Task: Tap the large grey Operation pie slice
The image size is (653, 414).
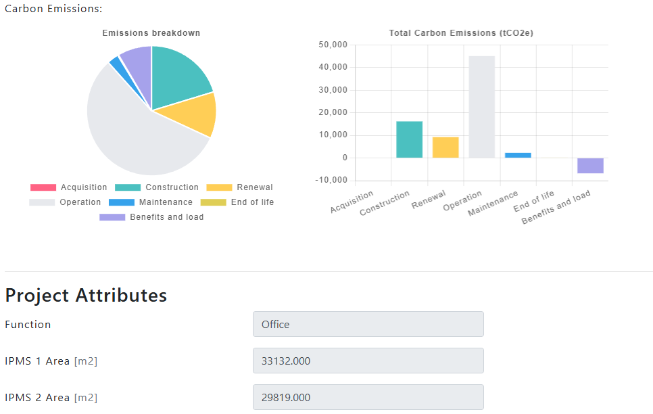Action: click(x=132, y=135)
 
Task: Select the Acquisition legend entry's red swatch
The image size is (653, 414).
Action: click(x=43, y=187)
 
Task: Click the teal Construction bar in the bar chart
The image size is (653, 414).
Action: click(x=409, y=139)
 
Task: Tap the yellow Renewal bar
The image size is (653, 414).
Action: click(x=445, y=147)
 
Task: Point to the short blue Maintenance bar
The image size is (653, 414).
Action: click(x=518, y=156)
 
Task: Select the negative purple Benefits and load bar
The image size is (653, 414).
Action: click(x=590, y=166)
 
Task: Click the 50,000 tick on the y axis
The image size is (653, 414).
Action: click(x=332, y=45)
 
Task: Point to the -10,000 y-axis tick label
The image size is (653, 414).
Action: click(x=332, y=181)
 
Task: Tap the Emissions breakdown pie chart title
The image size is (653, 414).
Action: click(x=151, y=33)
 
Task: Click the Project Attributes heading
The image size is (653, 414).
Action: click(x=86, y=296)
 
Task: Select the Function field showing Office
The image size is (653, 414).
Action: click(x=368, y=324)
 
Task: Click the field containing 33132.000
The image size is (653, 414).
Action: click(x=368, y=361)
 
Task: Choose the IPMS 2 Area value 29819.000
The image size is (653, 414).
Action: click(x=368, y=397)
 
